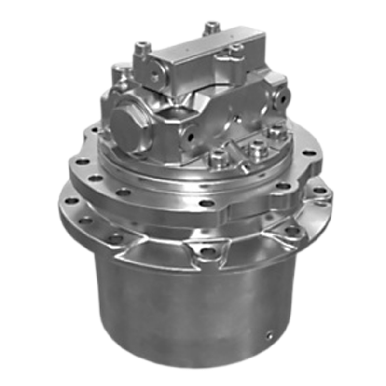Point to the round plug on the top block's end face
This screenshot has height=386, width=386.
155,75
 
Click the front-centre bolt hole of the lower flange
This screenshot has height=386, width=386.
207,251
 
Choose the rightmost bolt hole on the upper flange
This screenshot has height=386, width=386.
309,153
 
